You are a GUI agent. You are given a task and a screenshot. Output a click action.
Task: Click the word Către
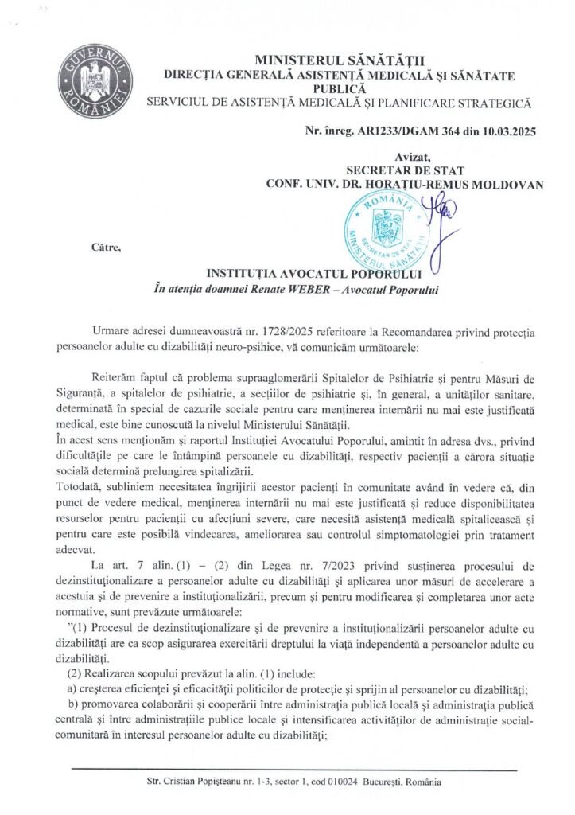[x=105, y=247]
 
